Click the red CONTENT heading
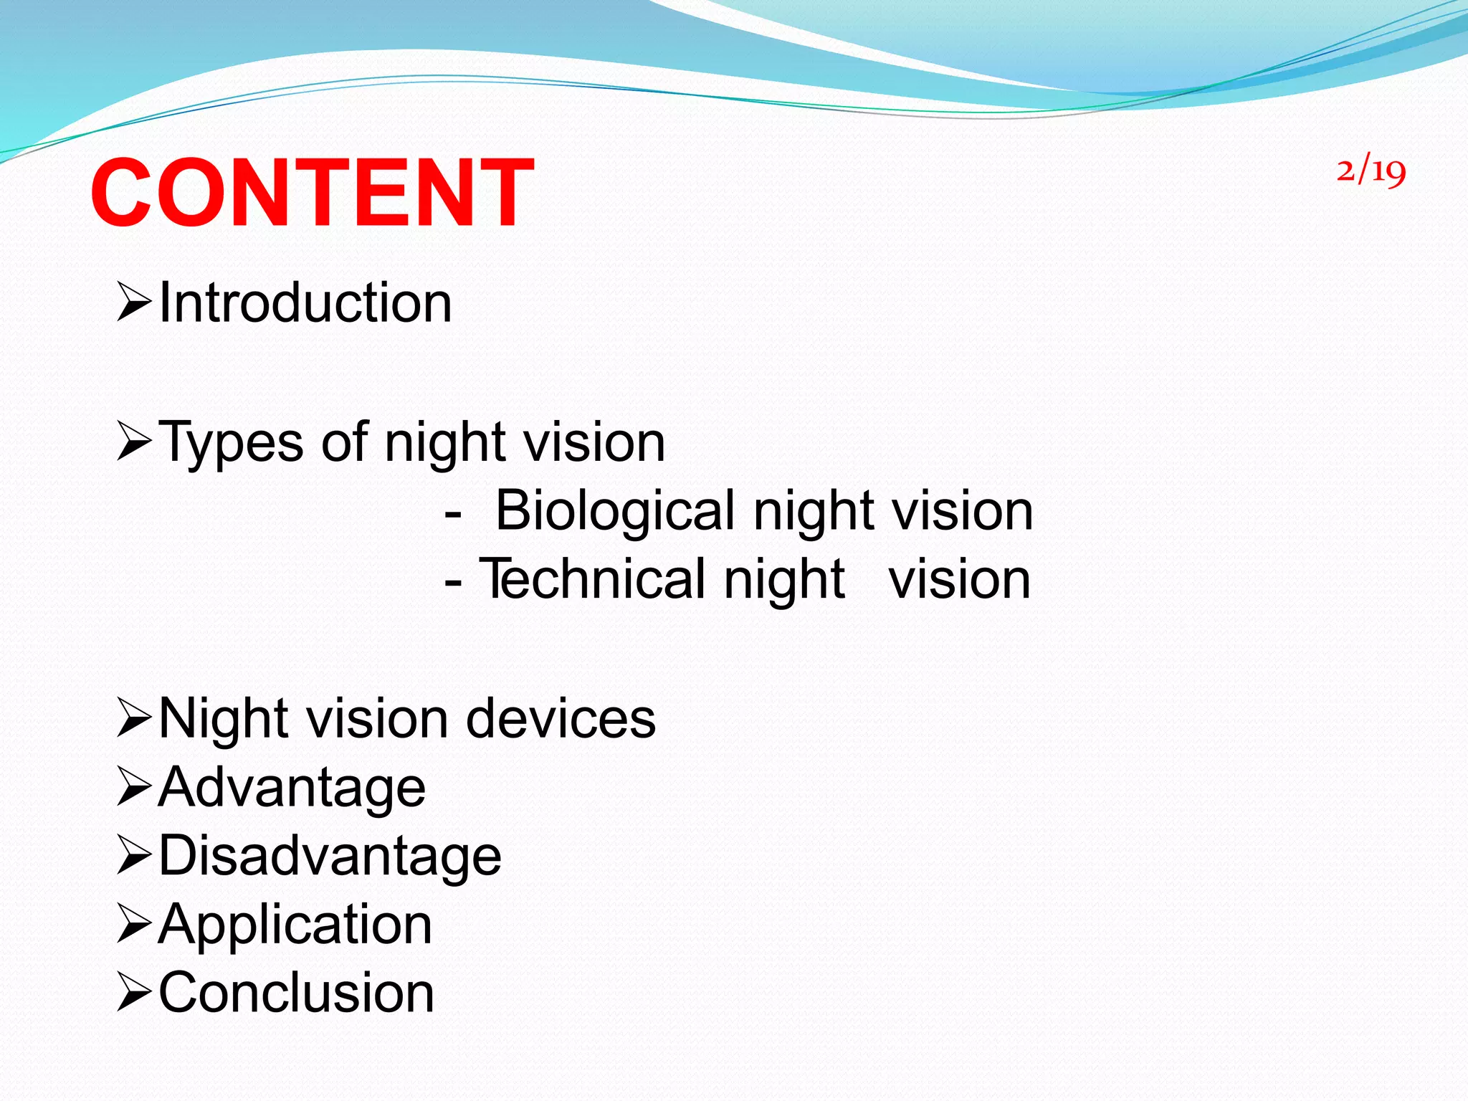coord(312,194)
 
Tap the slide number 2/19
coord(1371,171)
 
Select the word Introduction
coord(305,302)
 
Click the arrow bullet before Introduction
coord(134,302)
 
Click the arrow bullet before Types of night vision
coord(134,442)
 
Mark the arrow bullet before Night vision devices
coord(134,719)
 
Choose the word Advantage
coord(292,788)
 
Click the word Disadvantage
coord(330,856)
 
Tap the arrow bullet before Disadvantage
coord(134,855)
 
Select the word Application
coord(295,925)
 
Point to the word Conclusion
coord(296,993)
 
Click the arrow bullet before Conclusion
coord(134,993)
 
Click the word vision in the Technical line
coord(959,579)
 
